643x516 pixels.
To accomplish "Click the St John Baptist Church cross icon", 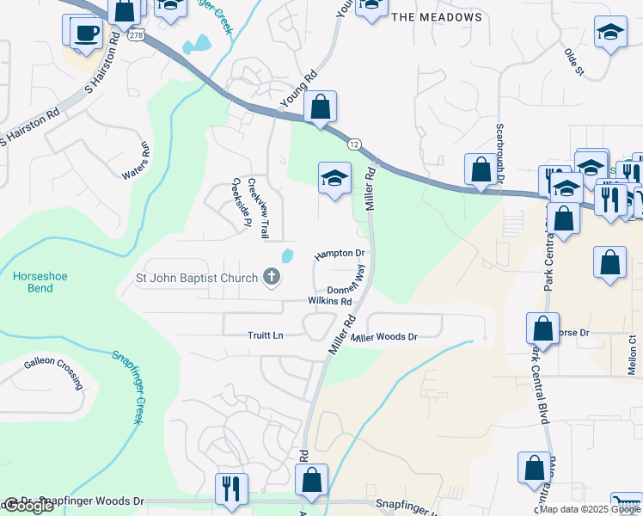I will coord(272,277).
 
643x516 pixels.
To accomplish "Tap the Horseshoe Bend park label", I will coord(40,282).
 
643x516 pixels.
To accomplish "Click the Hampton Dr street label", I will coord(340,255).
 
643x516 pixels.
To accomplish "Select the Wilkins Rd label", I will coord(330,302).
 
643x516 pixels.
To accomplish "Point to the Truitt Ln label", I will coord(266,336).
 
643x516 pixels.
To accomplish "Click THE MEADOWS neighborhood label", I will coord(437,17).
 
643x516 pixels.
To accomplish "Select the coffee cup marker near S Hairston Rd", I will coord(84,34).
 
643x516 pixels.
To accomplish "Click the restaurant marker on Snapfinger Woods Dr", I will coord(230,488).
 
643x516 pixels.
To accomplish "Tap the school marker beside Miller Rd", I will coord(334,178).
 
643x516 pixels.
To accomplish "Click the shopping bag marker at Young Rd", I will coord(320,108).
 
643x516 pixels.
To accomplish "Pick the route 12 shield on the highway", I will coord(354,143).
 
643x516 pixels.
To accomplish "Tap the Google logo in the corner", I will coord(28,506).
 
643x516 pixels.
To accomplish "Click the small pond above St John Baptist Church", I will coord(287,255).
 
